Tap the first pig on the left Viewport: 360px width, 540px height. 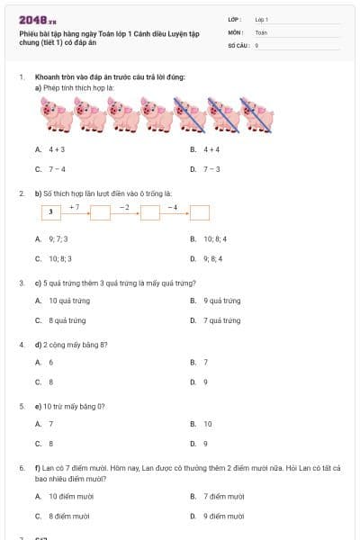[56, 114]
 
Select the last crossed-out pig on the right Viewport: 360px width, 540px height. [257, 114]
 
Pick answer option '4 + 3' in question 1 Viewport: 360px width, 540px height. [57, 149]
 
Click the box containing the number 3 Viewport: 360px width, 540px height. [51, 212]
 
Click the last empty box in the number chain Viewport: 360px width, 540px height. [200, 212]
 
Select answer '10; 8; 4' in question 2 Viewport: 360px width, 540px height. [215, 239]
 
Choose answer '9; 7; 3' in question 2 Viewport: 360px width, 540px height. [58, 239]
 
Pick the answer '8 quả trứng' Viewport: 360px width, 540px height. [67, 320]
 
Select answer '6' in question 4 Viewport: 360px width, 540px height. [50, 362]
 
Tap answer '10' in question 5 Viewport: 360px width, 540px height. [207, 423]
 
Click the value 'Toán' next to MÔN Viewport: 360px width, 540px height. [261, 31]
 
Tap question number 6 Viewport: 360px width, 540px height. [22, 468]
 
